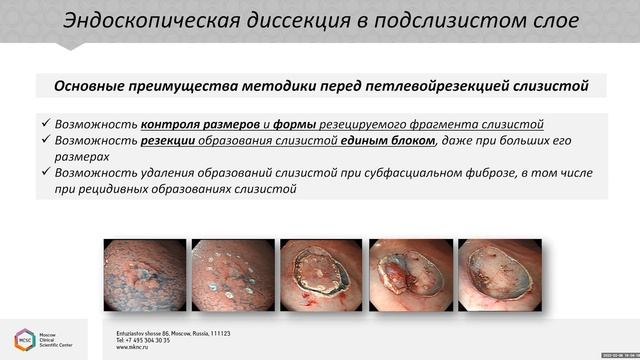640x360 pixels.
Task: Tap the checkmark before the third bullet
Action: coord(45,172)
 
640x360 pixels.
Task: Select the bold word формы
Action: coord(295,125)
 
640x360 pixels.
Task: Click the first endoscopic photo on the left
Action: coord(144,275)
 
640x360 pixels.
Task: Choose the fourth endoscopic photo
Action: coord(409,275)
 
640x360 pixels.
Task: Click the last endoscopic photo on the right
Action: coord(498,275)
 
